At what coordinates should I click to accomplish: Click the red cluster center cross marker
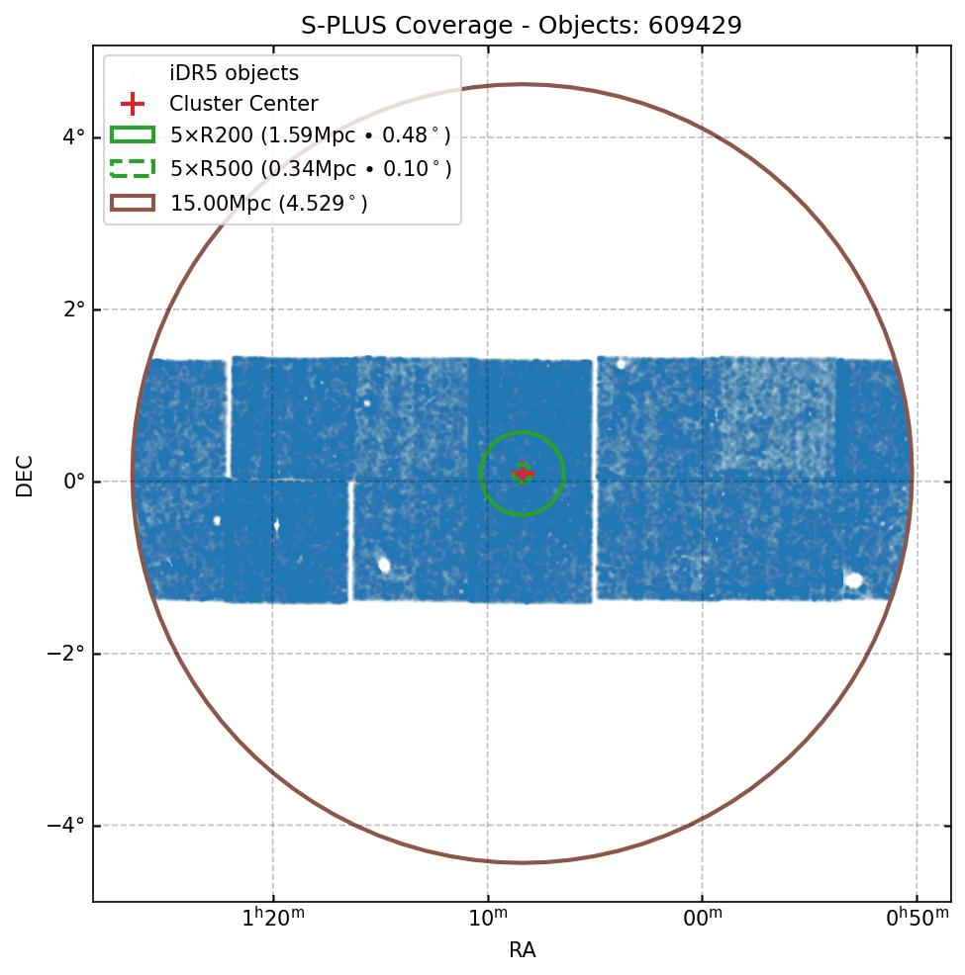pos(523,474)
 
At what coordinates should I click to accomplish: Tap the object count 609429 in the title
pos(695,26)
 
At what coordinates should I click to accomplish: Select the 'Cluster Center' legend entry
pos(243,104)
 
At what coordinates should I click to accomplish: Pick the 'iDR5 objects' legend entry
pos(234,73)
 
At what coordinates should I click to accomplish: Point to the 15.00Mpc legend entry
pos(268,204)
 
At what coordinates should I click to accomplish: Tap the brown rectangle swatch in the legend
pos(133,203)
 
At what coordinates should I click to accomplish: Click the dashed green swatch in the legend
pos(133,169)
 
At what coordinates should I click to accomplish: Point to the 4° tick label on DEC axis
pos(72,137)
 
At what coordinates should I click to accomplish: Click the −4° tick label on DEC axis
pos(67,826)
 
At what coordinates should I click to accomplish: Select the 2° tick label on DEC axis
pos(72,310)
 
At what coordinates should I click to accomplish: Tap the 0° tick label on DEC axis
pos(72,482)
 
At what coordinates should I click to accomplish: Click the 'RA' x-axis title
pos(522,950)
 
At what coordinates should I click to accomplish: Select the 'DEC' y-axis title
pos(25,476)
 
